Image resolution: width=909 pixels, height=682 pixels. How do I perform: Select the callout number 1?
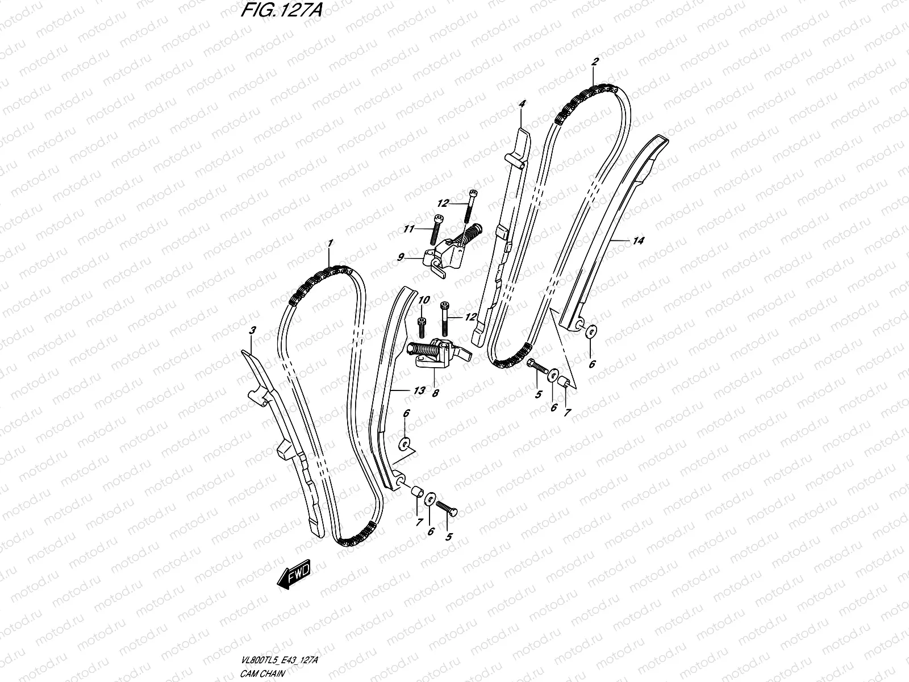[x=329, y=243]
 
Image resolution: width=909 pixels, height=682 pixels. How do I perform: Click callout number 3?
[x=253, y=330]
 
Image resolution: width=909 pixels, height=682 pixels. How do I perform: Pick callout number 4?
[x=522, y=104]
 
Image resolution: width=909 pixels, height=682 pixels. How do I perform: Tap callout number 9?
[x=401, y=257]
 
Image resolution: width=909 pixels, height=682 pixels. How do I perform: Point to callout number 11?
[x=407, y=230]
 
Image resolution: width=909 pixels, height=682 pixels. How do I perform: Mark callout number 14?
[x=639, y=241]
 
